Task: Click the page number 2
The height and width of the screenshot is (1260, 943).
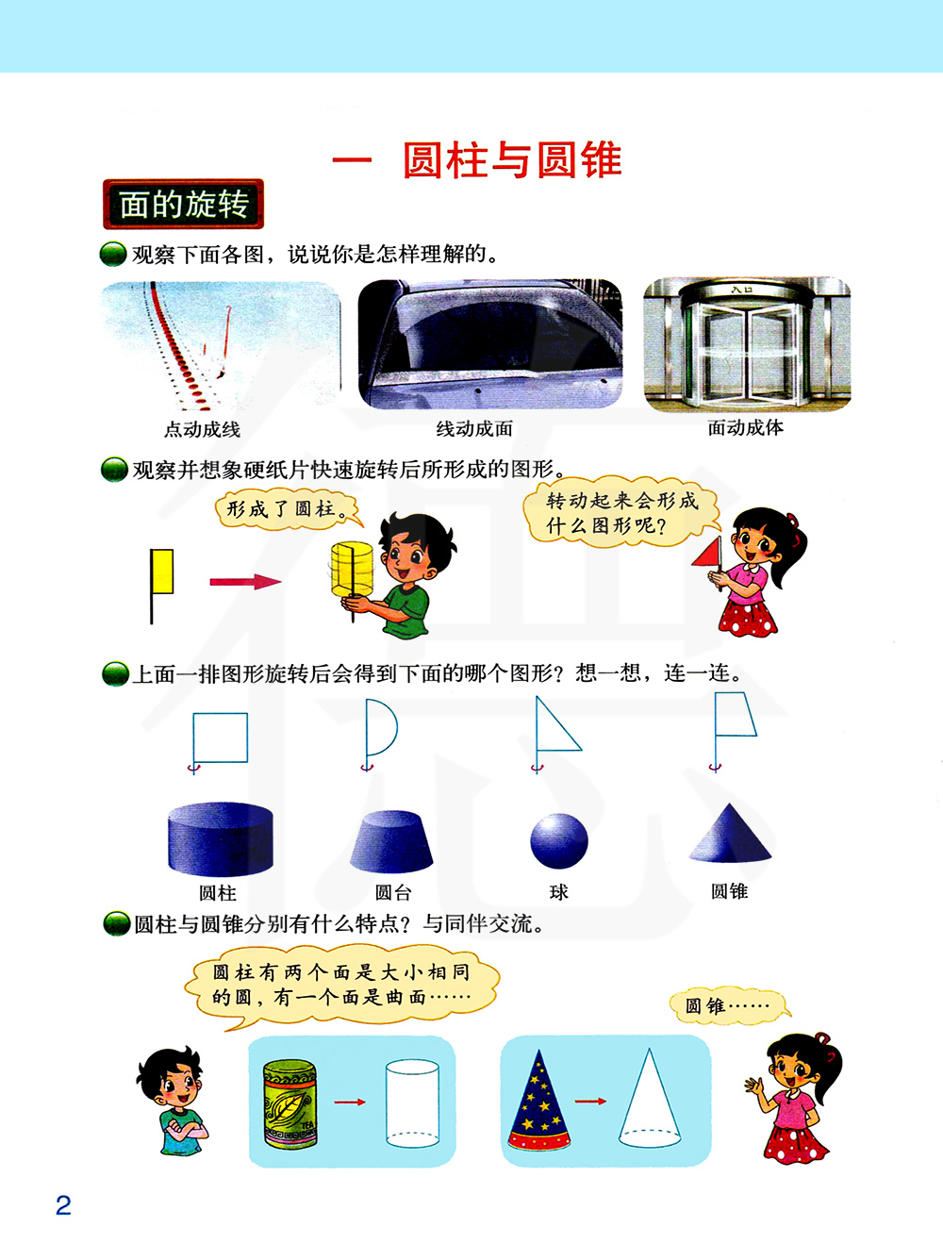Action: (63, 1205)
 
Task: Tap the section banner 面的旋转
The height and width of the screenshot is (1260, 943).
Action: (184, 204)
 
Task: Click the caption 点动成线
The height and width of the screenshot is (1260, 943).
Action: (202, 429)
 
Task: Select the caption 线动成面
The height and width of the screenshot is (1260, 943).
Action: (474, 429)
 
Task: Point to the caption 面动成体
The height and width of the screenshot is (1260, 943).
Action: (745, 427)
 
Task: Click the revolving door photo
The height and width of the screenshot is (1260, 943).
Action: (747, 344)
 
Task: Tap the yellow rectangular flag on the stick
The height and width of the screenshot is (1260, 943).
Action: (162, 572)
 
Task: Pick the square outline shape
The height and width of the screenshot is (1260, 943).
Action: (221, 738)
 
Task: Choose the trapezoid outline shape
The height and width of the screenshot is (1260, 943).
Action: (736, 714)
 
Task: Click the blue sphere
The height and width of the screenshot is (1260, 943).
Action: (559, 841)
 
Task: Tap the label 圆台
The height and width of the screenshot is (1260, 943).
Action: (393, 892)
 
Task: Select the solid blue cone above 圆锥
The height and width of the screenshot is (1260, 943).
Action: (730, 834)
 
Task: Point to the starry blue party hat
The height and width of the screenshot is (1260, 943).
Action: (538, 1101)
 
